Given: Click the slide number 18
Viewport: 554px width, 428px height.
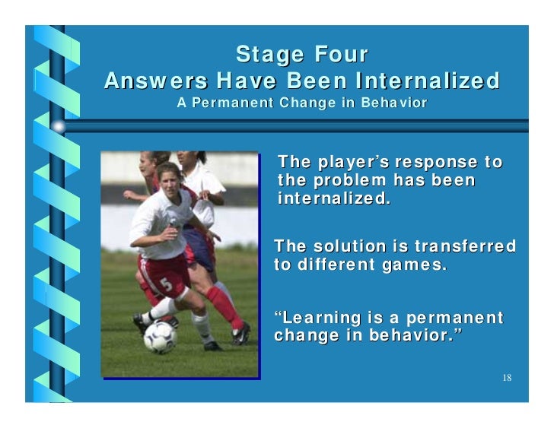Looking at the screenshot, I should (507, 378).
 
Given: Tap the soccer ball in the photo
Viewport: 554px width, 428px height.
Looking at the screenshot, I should (160, 337).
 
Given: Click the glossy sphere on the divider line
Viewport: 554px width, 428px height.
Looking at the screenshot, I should (59, 125).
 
